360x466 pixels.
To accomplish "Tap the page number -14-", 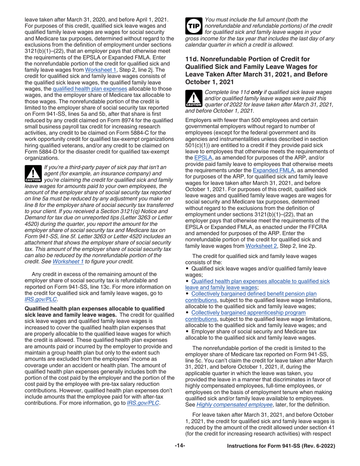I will point(180,446).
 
